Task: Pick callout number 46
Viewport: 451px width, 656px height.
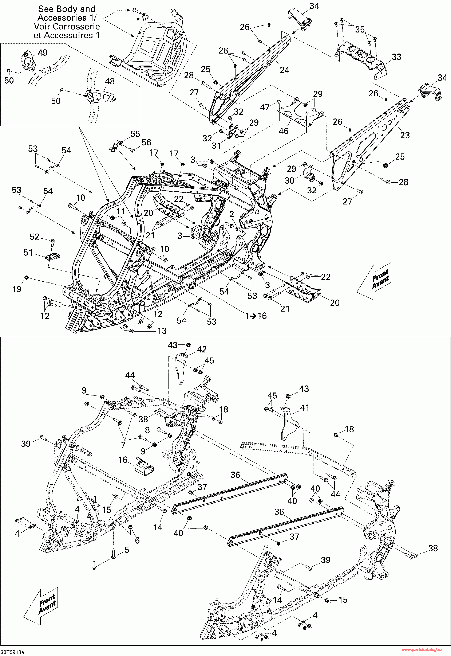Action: [284, 131]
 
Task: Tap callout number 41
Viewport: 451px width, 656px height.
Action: [304, 407]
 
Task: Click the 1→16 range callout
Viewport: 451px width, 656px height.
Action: [256, 316]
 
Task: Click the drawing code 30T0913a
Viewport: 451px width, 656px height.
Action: [12, 652]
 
